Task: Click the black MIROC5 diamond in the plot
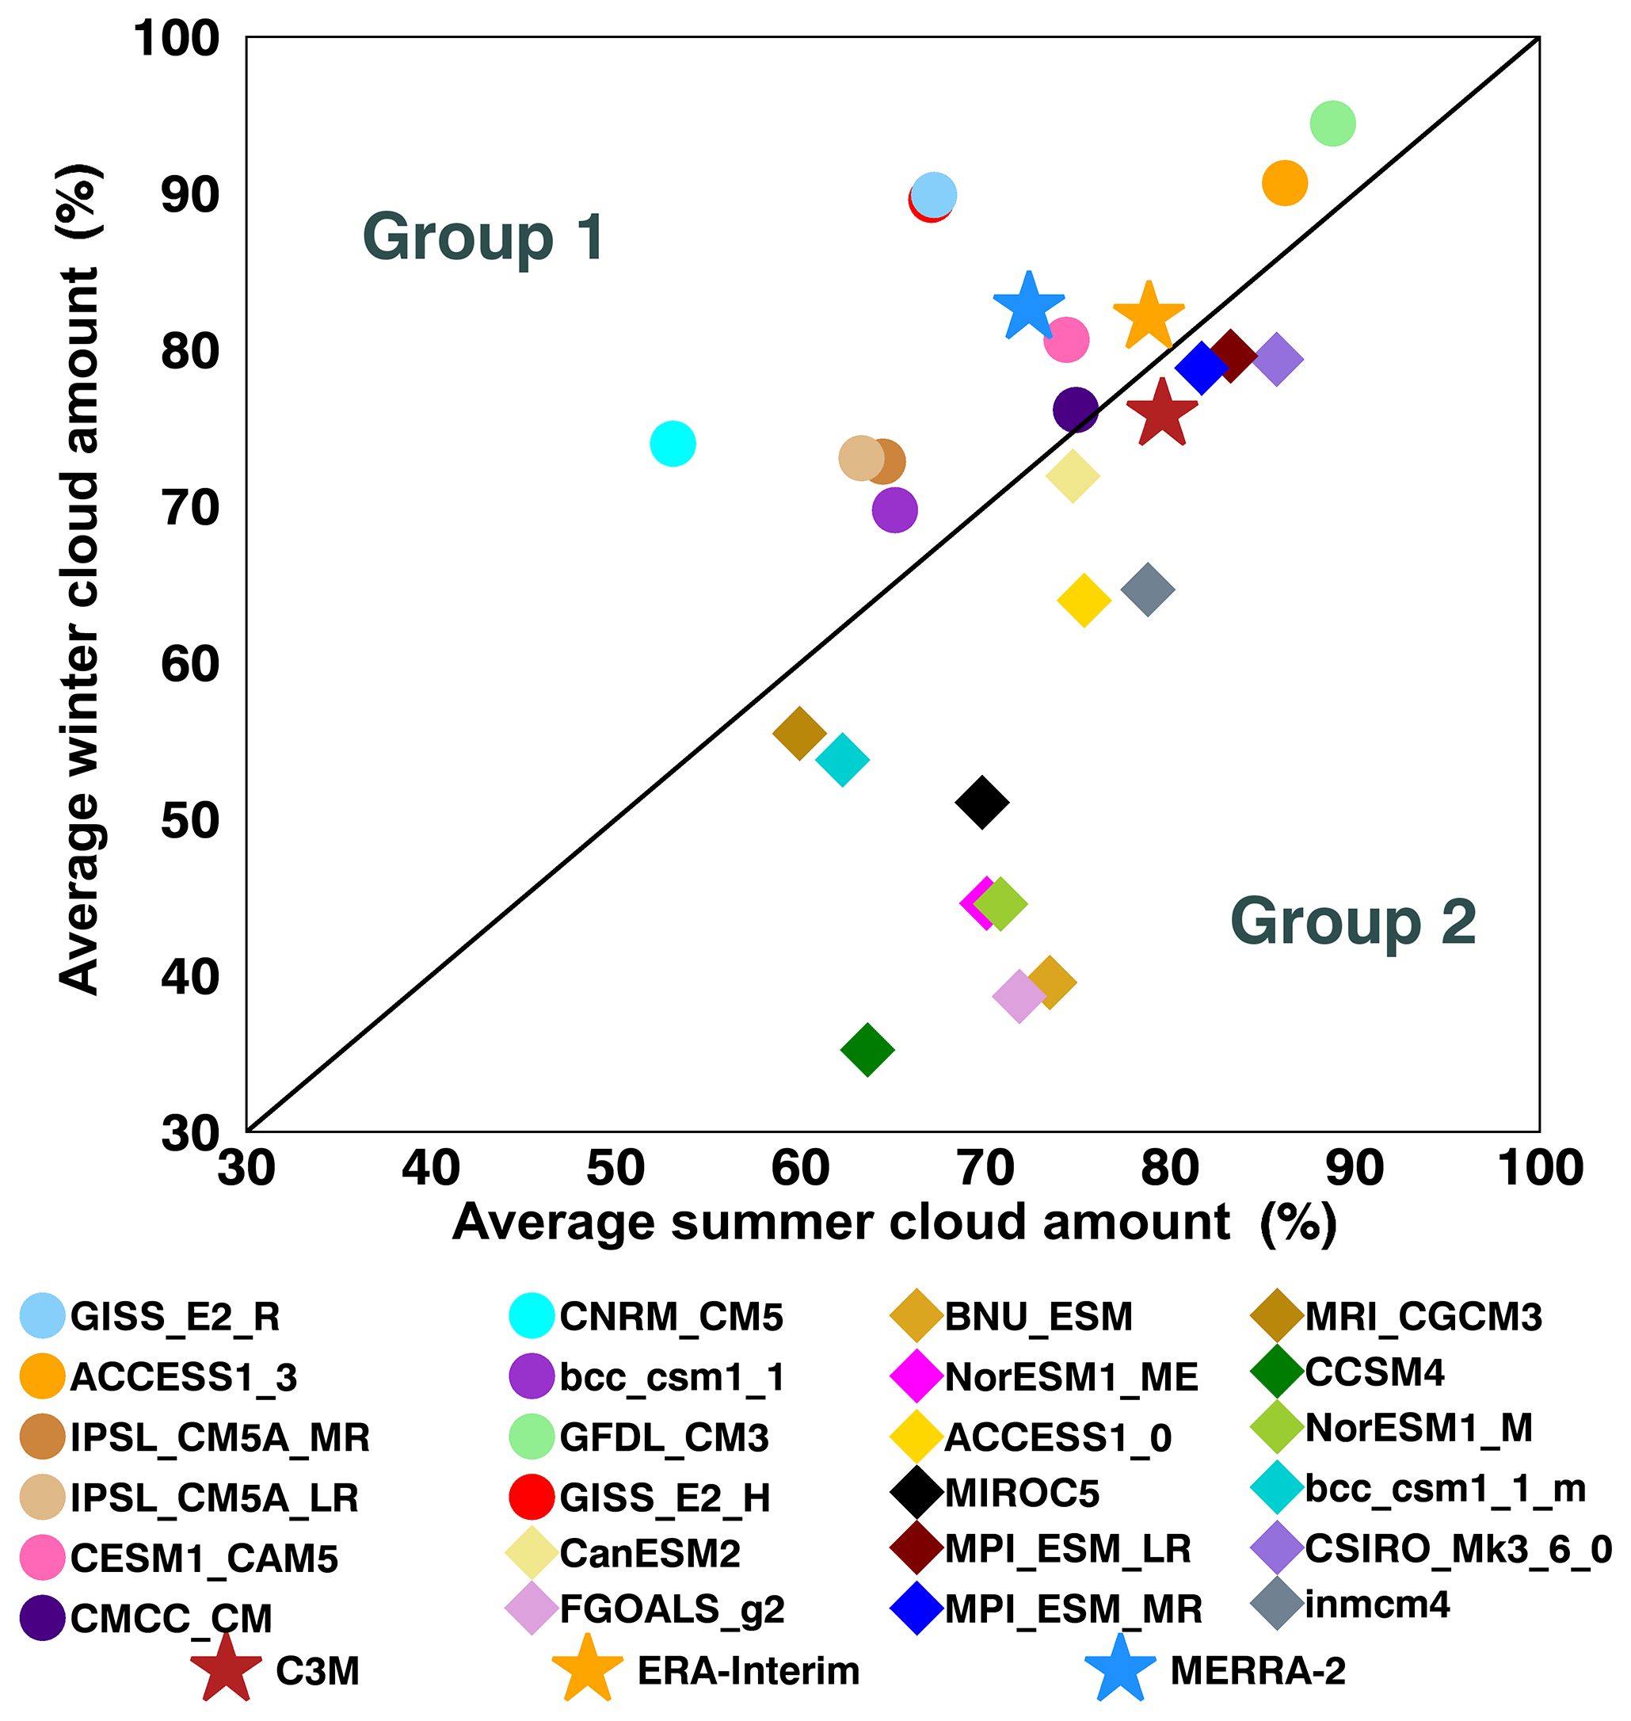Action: tap(981, 802)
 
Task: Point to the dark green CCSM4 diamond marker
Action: tap(867, 1050)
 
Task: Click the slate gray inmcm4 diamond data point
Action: tap(1148, 589)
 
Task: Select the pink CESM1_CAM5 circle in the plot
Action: tap(1067, 339)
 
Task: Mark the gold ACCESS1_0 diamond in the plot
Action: tap(1084, 600)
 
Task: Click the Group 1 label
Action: tap(482, 237)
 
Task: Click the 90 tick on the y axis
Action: tap(189, 196)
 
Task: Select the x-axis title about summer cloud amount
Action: tap(894, 1223)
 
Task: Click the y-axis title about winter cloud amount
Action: tap(80, 578)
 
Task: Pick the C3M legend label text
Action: tap(318, 1671)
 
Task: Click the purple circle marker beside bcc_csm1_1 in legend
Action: tap(532, 1376)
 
